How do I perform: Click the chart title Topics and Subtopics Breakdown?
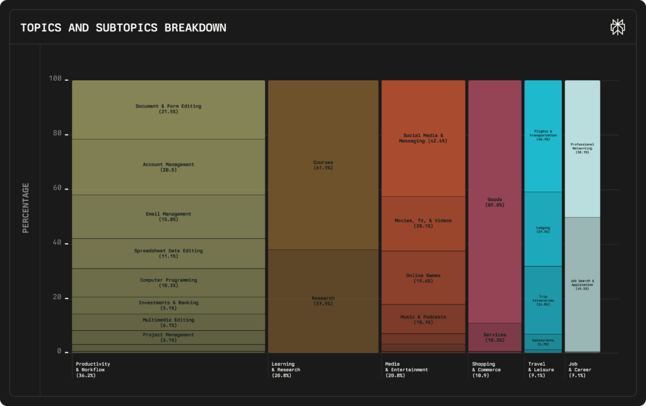[123, 28]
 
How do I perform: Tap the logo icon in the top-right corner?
[617, 27]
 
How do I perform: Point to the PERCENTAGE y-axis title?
[26, 208]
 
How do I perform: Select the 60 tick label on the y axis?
[57, 188]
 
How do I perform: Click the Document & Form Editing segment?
[168, 109]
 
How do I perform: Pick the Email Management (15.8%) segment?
[168, 217]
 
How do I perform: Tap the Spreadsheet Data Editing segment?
[168, 253]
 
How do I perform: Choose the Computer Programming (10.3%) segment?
[168, 282]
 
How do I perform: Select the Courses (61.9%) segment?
[323, 165]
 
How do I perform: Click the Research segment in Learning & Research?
[323, 301]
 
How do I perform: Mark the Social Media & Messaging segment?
[423, 138]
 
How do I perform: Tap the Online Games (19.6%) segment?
[423, 278]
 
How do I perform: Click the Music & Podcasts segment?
[423, 319]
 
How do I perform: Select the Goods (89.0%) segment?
[495, 202]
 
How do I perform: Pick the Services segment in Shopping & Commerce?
[495, 337]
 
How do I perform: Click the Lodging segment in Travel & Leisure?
[543, 229]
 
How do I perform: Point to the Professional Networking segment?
[582, 148]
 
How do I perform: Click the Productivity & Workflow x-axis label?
[93, 369]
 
